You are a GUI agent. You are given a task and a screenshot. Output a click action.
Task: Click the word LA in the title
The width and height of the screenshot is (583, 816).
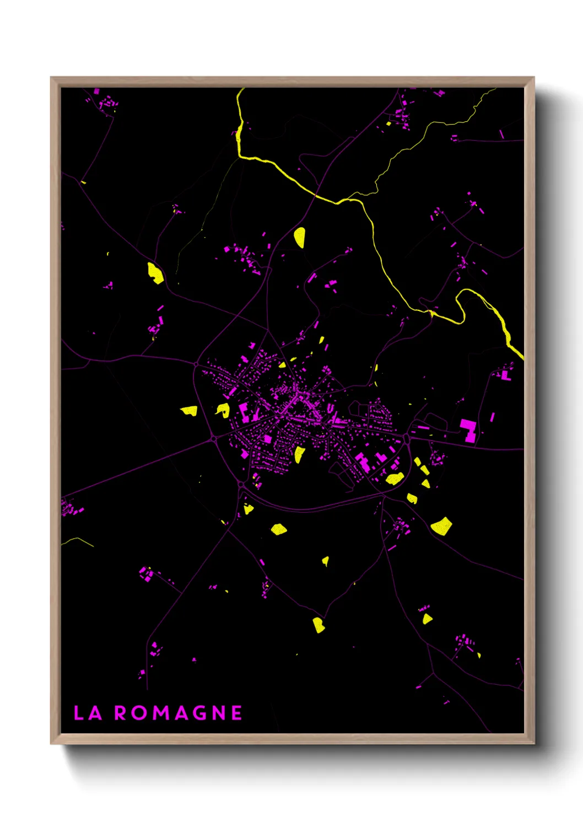(88, 713)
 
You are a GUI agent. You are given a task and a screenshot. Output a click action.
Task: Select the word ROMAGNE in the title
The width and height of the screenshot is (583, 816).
(178, 713)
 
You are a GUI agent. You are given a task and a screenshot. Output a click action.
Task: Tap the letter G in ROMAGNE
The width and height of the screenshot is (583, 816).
(198, 713)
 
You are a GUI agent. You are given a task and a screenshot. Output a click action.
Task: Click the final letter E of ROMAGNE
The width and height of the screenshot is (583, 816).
(236, 713)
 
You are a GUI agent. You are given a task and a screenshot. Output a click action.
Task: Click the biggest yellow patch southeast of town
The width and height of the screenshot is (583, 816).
(441, 526)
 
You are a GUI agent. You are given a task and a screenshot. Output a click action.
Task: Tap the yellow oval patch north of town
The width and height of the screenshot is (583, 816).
(299, 237)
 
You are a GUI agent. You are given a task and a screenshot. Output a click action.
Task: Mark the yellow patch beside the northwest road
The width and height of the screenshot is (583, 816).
(155, 273)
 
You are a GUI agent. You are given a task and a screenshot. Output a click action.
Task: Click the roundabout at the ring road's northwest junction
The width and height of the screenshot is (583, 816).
(196, 364)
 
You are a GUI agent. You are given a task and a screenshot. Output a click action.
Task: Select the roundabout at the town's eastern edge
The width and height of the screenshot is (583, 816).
(407, 438)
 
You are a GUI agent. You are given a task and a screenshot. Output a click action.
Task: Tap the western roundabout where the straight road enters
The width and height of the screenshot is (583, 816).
(213, 439)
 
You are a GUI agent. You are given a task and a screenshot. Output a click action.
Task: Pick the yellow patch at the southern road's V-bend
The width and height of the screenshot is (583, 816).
(318, 625)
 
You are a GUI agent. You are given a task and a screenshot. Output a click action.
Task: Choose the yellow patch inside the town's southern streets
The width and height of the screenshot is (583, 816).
(299, 454)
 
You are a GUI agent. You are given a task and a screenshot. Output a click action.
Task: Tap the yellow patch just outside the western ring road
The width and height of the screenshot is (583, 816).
(190, 410)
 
